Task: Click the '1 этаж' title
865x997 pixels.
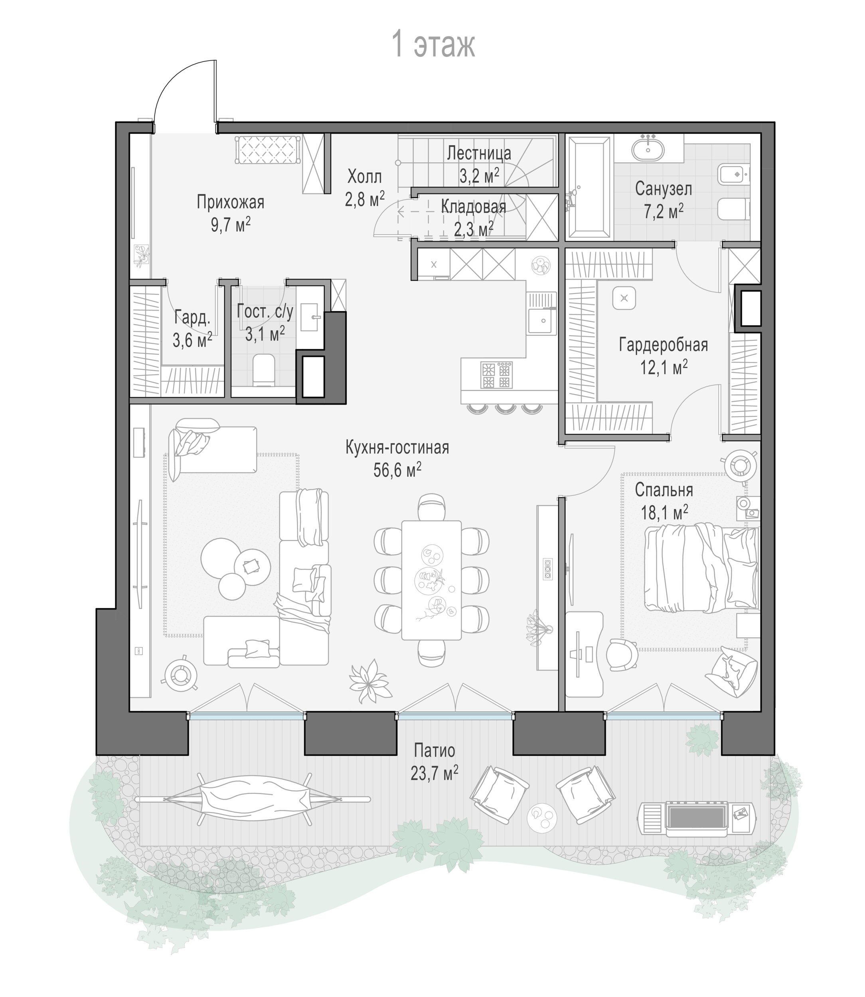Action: pos(433,44)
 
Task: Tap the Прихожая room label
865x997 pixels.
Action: pos(230,202)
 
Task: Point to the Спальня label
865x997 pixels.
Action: pos(664,490)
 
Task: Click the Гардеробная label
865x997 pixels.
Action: pos(664,345)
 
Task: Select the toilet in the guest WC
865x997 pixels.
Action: pos(264,370)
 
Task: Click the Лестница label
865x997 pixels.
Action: pos(478,153)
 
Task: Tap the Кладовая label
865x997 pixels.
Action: pos(474,207)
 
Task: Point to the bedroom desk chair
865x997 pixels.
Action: pos(622,655)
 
